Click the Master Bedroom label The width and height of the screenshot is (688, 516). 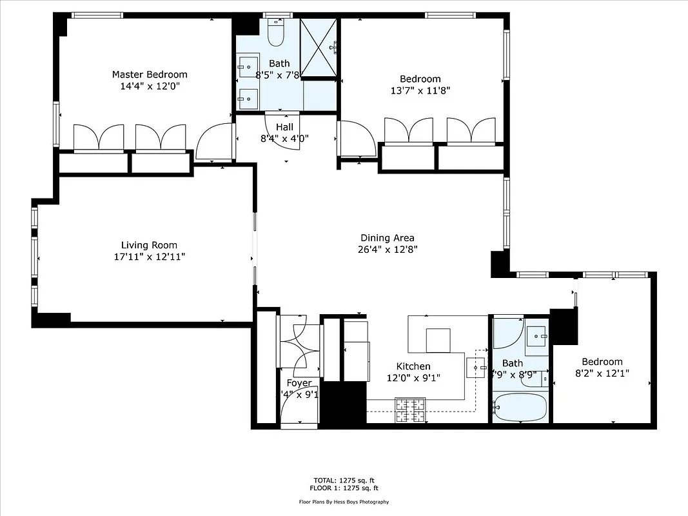pos(150,75)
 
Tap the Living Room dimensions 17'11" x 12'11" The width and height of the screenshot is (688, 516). pos(150,257)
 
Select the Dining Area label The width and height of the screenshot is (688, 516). pos(387,238)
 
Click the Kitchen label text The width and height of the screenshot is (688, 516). pos(413,366)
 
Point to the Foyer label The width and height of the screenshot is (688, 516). pos(299,383)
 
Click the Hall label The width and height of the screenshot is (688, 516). pos(284,127)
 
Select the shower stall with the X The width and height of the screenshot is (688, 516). pos(319,47)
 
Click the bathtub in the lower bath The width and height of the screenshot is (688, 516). pos(520,408)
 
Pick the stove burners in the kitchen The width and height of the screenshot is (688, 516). pos(410,410)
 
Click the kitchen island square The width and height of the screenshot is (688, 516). pos(438,340)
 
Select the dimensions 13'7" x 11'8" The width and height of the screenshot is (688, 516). pos(420,91)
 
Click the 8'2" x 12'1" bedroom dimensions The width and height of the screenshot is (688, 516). pos(602,373)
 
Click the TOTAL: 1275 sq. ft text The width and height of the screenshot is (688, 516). pos(344,481)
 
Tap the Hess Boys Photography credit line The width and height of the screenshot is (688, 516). pos(344,502)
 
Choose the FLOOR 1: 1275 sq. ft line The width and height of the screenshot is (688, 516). pos(344,488)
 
